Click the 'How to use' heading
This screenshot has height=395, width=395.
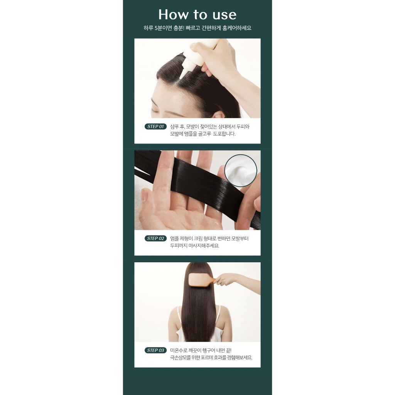point(197,15)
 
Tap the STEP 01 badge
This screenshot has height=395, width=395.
point(155,127)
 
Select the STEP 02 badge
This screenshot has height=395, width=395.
point(155,238)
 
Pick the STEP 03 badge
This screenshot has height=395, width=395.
point(155,350)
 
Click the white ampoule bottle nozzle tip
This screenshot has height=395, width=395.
point(182,75)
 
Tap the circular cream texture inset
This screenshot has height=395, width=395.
point(241,170)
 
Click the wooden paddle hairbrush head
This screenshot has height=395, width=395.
point(200,279)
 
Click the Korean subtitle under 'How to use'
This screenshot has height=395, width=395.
point(197,28)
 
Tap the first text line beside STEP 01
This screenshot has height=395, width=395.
point(210,127)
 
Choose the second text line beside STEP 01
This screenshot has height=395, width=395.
point(203,134)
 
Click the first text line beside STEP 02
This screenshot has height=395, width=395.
point(209,238)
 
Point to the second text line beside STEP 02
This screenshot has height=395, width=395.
point(195,246)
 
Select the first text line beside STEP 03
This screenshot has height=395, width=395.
point(201,350)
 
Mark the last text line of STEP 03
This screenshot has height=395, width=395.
point(211,358)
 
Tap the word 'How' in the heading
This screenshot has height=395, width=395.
point(174,15)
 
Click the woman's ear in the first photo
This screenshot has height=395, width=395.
point(219,115)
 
